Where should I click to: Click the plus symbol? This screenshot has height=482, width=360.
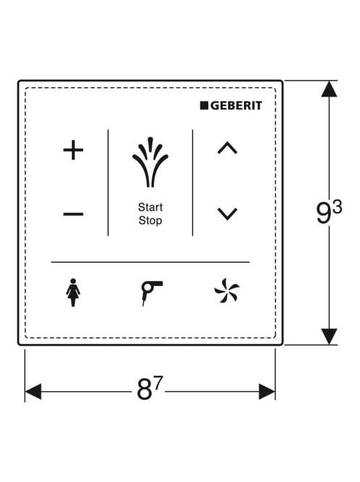point(73,150)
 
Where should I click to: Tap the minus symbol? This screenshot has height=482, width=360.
point(73,214)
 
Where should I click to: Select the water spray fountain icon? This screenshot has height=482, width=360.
point(150,162)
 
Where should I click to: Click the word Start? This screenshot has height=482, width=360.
point(150,207)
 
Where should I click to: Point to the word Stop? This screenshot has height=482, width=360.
point(150,221)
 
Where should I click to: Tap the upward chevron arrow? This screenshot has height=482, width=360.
point(227,148)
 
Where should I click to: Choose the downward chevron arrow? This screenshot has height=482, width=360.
point(227,214)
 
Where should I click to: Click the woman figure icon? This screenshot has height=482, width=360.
point(73,293)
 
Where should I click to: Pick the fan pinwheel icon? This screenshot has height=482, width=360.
point(227,291)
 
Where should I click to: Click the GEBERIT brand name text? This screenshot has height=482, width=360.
point(236,106)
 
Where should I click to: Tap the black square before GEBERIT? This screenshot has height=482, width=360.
point(204,105)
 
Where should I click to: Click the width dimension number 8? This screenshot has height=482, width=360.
point(144,390)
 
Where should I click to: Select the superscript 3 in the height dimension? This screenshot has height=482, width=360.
point(337,208)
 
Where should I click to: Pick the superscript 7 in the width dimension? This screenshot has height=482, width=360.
point(157,383)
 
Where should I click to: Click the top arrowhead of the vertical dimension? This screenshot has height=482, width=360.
point(329,89)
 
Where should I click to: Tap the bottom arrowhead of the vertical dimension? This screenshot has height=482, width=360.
point(329,336)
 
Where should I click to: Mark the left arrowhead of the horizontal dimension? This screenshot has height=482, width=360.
point(33,392)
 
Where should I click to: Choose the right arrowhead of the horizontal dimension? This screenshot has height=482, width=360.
point(267,392)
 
